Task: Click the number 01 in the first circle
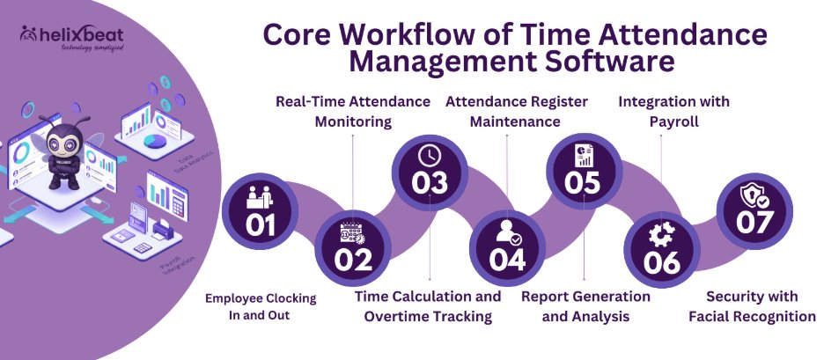click(261, 226)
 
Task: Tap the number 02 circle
click(353, 246)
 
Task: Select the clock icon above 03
click(429, 155)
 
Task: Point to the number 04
click(509, 260)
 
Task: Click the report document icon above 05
click(583, 156)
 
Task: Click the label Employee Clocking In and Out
click(261, 306)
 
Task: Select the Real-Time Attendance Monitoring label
click(353, 112)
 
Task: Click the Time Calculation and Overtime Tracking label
click(429, 306)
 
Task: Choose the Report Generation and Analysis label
click(585, 306)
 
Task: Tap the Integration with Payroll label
click(673, 112)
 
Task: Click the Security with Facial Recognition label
click(753, 306)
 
